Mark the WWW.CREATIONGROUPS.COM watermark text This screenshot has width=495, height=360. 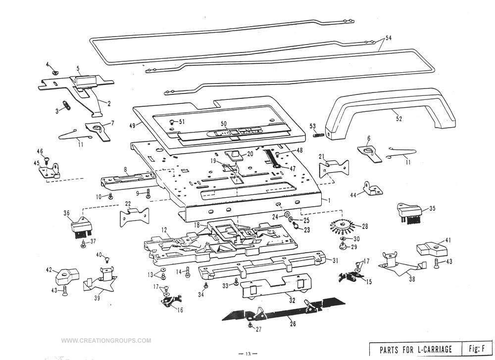[x=106, y=341]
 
